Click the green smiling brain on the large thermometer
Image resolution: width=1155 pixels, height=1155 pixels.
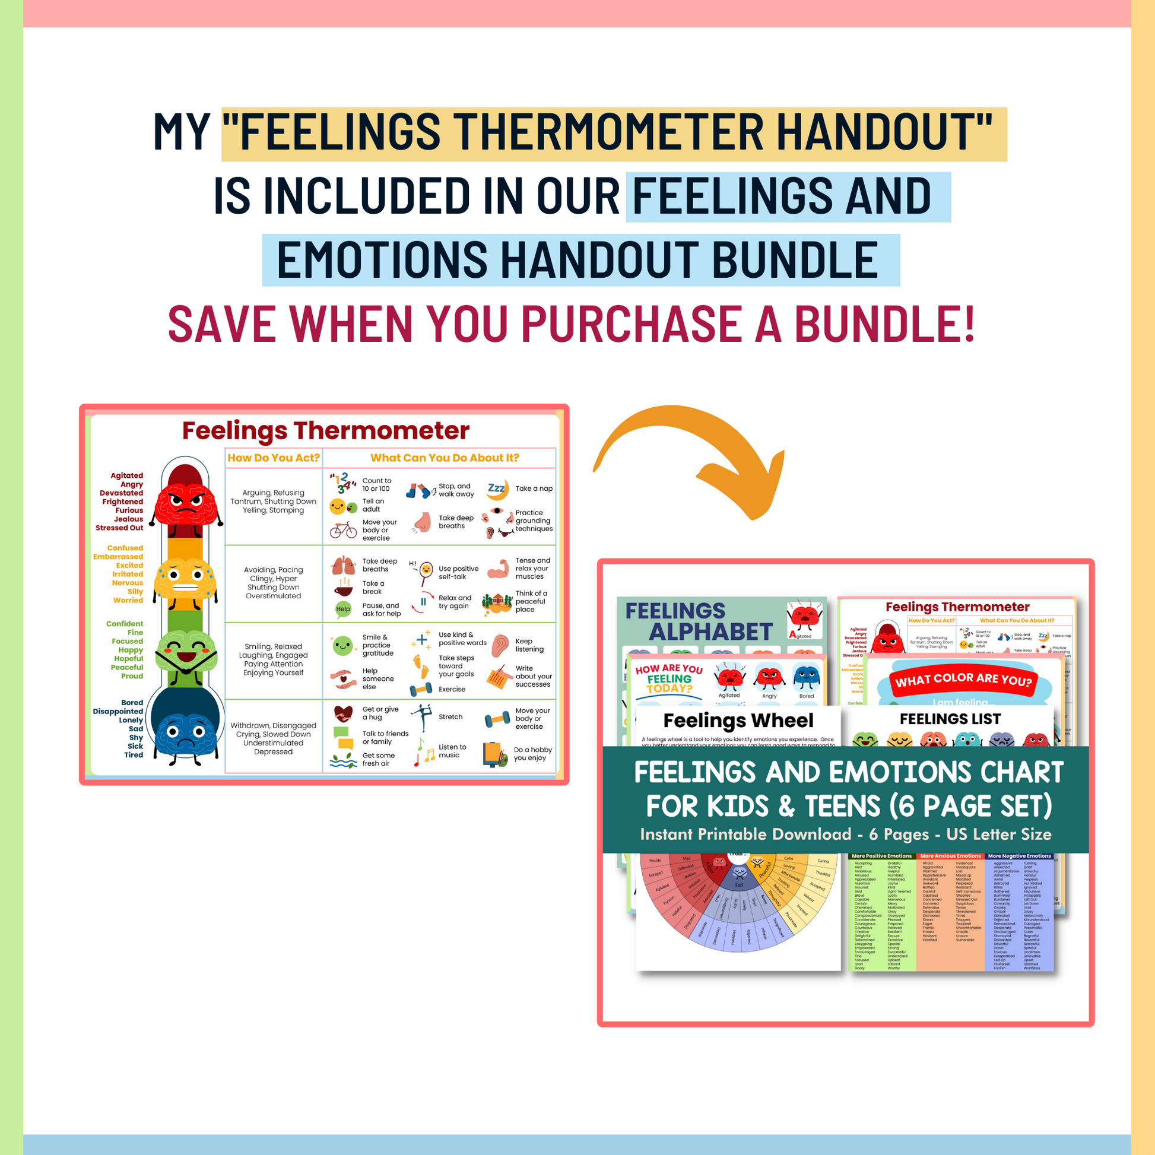click(186, 652)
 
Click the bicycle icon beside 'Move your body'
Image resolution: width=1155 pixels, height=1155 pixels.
click(343, 529)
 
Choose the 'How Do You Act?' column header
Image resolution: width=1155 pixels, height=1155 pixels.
click(274, 458)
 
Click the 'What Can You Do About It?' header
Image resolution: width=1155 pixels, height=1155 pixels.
click(444, 458)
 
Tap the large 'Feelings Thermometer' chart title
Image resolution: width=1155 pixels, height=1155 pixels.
click(325, 430)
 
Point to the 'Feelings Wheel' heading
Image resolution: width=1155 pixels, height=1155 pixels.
click(738, 721)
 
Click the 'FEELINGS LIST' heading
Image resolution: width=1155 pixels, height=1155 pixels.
click(950, 719)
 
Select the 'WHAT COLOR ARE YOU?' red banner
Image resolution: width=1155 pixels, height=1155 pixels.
click(963, 680)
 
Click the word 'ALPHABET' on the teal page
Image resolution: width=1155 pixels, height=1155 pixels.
click(711, 632)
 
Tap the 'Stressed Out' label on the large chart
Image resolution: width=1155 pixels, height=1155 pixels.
click(119, 528)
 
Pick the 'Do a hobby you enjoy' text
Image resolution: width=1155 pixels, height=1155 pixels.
click(532, 754)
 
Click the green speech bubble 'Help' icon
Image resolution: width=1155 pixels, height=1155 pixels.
click(343, 609)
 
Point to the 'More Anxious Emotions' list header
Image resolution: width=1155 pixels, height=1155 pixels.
click(951, 856)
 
